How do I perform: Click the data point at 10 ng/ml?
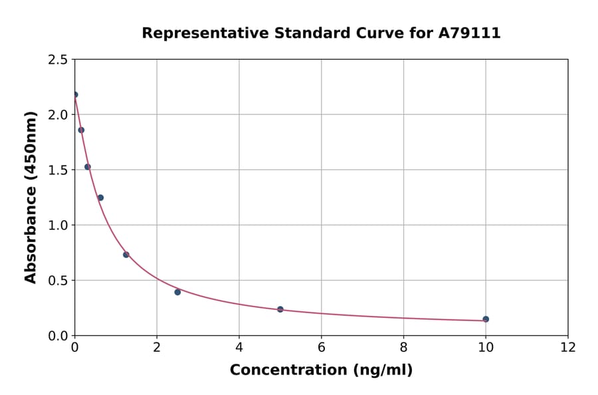coord(486,319)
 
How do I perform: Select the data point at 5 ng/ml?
coord(280,309)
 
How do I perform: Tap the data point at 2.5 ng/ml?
coord(177,292)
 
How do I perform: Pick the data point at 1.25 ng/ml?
coord(126,255)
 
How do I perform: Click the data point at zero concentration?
coord(75,94)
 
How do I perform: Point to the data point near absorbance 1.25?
coord(100,197)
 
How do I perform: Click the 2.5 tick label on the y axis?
coord(58,60)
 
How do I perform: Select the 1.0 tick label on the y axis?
coord(58,225)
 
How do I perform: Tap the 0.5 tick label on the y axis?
coord(58,281)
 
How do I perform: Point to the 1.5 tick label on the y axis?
coord(58,170)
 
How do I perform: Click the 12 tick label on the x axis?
coord(568,347)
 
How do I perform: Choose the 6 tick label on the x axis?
coord(322,347)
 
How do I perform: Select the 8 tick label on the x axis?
coord(403,347)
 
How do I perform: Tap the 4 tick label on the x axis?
coord(239,347)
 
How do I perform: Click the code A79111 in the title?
coord(469,33)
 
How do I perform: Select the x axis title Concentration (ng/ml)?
coord(321,370)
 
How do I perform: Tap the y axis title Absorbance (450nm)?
coord(31,197)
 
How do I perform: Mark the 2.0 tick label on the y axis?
coord(58,115)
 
